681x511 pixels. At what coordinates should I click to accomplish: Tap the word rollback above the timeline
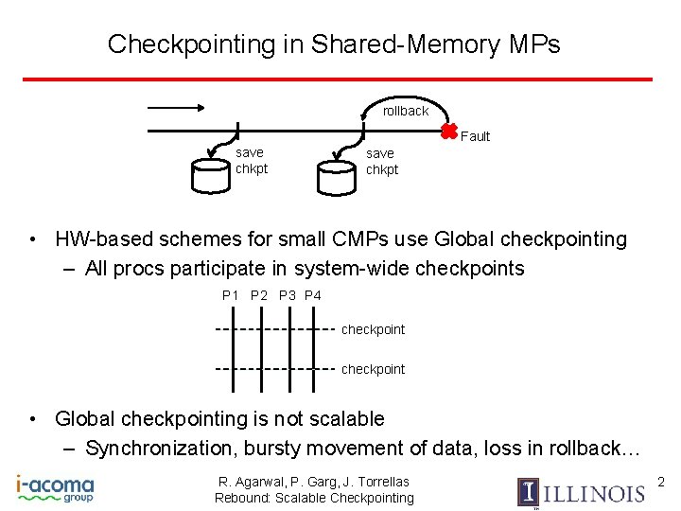click(x=406, y=112)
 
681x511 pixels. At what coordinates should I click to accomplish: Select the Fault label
click(x=475, y=136)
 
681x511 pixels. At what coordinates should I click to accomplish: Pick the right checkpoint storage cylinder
click(x=340, y=177)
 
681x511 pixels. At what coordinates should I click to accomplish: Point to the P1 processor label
click(x=231, y=295)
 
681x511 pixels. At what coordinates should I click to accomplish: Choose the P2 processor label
click(x=259, y=295)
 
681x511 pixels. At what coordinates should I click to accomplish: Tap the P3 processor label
click(x=288, y=295)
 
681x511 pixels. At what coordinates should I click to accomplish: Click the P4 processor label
click(x=313, y=295)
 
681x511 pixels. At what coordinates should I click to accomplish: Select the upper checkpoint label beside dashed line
click(x=373, y=329)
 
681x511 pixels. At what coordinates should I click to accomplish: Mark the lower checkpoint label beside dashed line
click(x=373, y=369)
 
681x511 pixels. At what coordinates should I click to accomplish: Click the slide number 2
click(x=660, y=484)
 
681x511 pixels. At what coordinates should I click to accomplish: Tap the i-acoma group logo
click(x=55, y=487)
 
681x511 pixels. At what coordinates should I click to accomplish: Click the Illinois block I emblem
click(x=528, y=491)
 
